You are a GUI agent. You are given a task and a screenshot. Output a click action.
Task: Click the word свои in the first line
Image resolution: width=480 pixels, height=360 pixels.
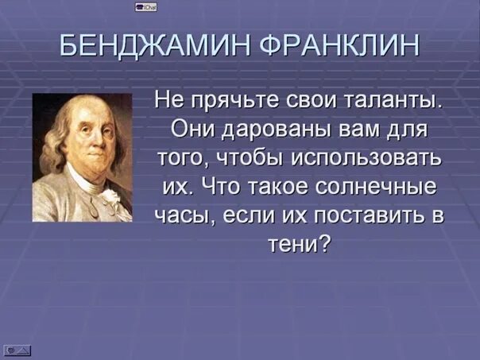pos(307,102)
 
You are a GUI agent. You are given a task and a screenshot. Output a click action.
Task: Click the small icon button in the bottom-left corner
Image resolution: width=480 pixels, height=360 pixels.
pos(17,349)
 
